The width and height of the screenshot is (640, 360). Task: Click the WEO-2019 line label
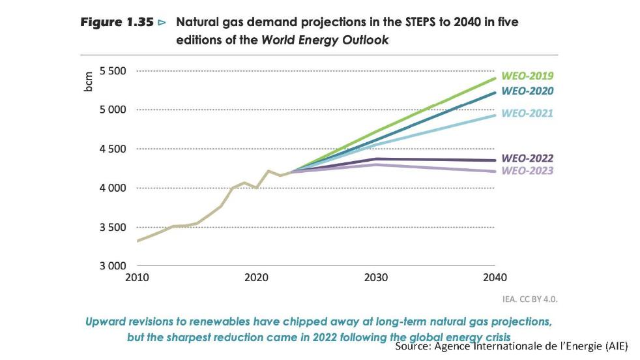pyautogui.click(x=527, y=75)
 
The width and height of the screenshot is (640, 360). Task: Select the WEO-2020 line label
pyautogui.click(x=527, y=91)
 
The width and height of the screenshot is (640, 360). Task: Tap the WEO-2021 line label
pyautogui.click(x=527, y=113)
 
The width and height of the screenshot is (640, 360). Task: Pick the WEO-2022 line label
pyautogui.click(x=527, y=158)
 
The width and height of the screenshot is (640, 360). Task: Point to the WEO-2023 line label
pyautogui.click(x=527, y=171)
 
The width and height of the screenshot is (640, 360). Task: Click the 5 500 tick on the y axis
pyautogui.click(x=113, y=70)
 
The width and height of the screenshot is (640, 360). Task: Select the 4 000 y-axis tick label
pyautogui.click(x=113, y=188)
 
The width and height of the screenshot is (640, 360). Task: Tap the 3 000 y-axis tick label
pyautogui.click(x=113, y=266)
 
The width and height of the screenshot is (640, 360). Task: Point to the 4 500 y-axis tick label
pyautogui.click(x=113, y=149)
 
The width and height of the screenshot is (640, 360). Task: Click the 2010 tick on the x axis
pyautogui.click(x=138, y=277)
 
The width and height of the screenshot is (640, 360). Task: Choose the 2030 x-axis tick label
pyautogui.click(x=376, y=277)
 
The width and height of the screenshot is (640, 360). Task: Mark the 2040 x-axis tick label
pyautogui.click(x=495, y=277)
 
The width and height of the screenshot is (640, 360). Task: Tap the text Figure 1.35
pyautogui.click(x=117, y=22)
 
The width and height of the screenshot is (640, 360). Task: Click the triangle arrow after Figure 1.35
pyautogui.click(x=162, y=23)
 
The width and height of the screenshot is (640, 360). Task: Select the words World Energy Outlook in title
pyautogui.click(x=325, y=40)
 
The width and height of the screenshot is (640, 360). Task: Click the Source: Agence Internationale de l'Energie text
pyautogui.click(x=511, y=346)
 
